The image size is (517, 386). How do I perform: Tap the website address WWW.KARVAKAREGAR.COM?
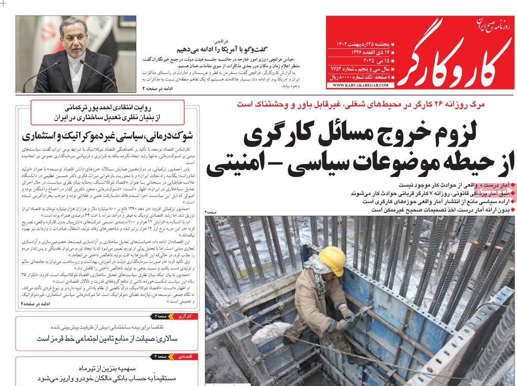tap(360, 85)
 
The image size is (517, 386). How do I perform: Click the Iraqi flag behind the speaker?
tap(104, 34)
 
